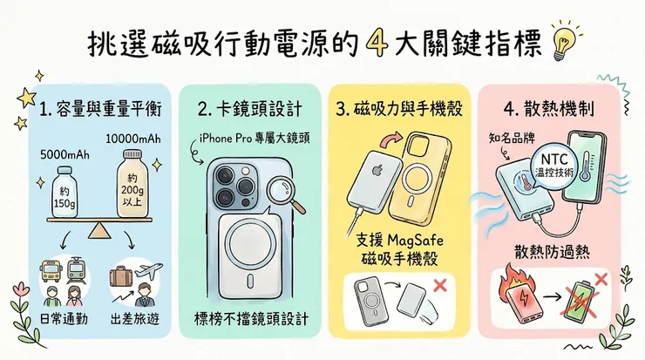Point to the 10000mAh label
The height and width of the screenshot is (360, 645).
133,139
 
